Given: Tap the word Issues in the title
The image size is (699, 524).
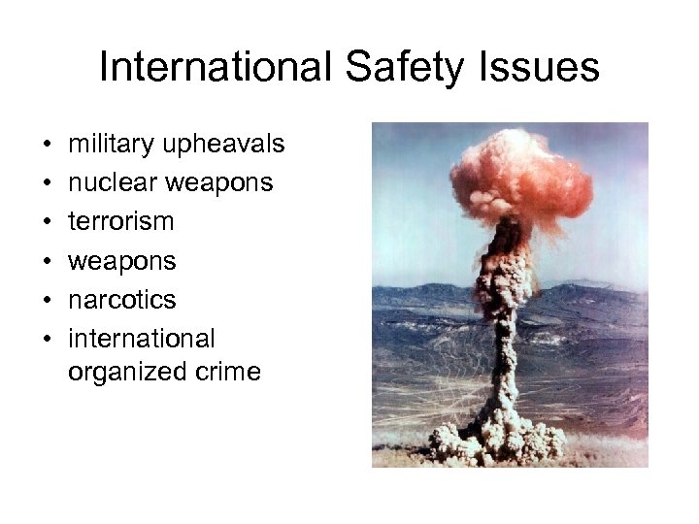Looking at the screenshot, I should pyautogui.click(x=548, y=68).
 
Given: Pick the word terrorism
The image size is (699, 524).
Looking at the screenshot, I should pyautogui.click(x=121, y=221).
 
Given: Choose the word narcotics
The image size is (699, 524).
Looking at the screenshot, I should pyautogui.click(x=122, y=300).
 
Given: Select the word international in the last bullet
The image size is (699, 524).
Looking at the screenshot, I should pyautogui.click(x=142, y=339).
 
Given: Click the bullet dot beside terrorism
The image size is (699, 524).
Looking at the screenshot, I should pyautogui.click(x=48, y=222).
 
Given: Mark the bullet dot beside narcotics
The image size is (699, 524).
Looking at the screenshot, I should pyautogui.click(x=48, y=301).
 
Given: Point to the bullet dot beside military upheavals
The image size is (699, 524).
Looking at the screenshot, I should pyautogui.click(x=48, y=145).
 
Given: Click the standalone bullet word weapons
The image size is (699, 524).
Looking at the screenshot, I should pyautogui.click(x=122, y=261).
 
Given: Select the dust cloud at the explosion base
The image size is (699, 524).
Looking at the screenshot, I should pyautogui.click(x=499, y=437).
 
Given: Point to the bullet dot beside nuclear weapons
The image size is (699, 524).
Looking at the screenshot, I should pyautogui.click(x=48, y=183).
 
